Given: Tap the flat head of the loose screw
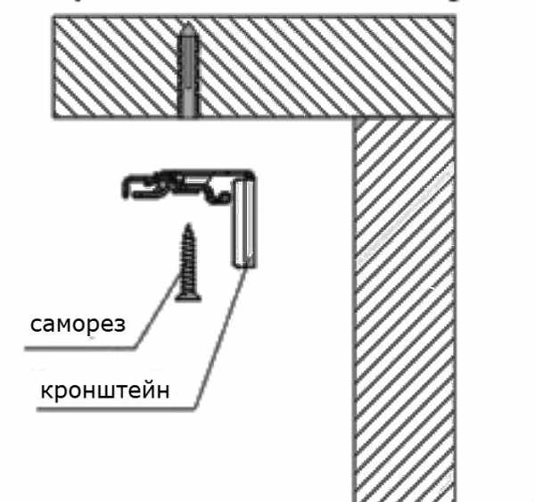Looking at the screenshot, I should (x=189, y=293).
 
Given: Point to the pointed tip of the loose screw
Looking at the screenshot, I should (x=188, y=226).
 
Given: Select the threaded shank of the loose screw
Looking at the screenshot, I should (x=188, y=259).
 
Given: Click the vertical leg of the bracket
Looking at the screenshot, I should (x=243, y=223).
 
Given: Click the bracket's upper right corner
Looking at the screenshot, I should (x=253, y=177).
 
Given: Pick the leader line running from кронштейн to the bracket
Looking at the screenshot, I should (x=223, y=339).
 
